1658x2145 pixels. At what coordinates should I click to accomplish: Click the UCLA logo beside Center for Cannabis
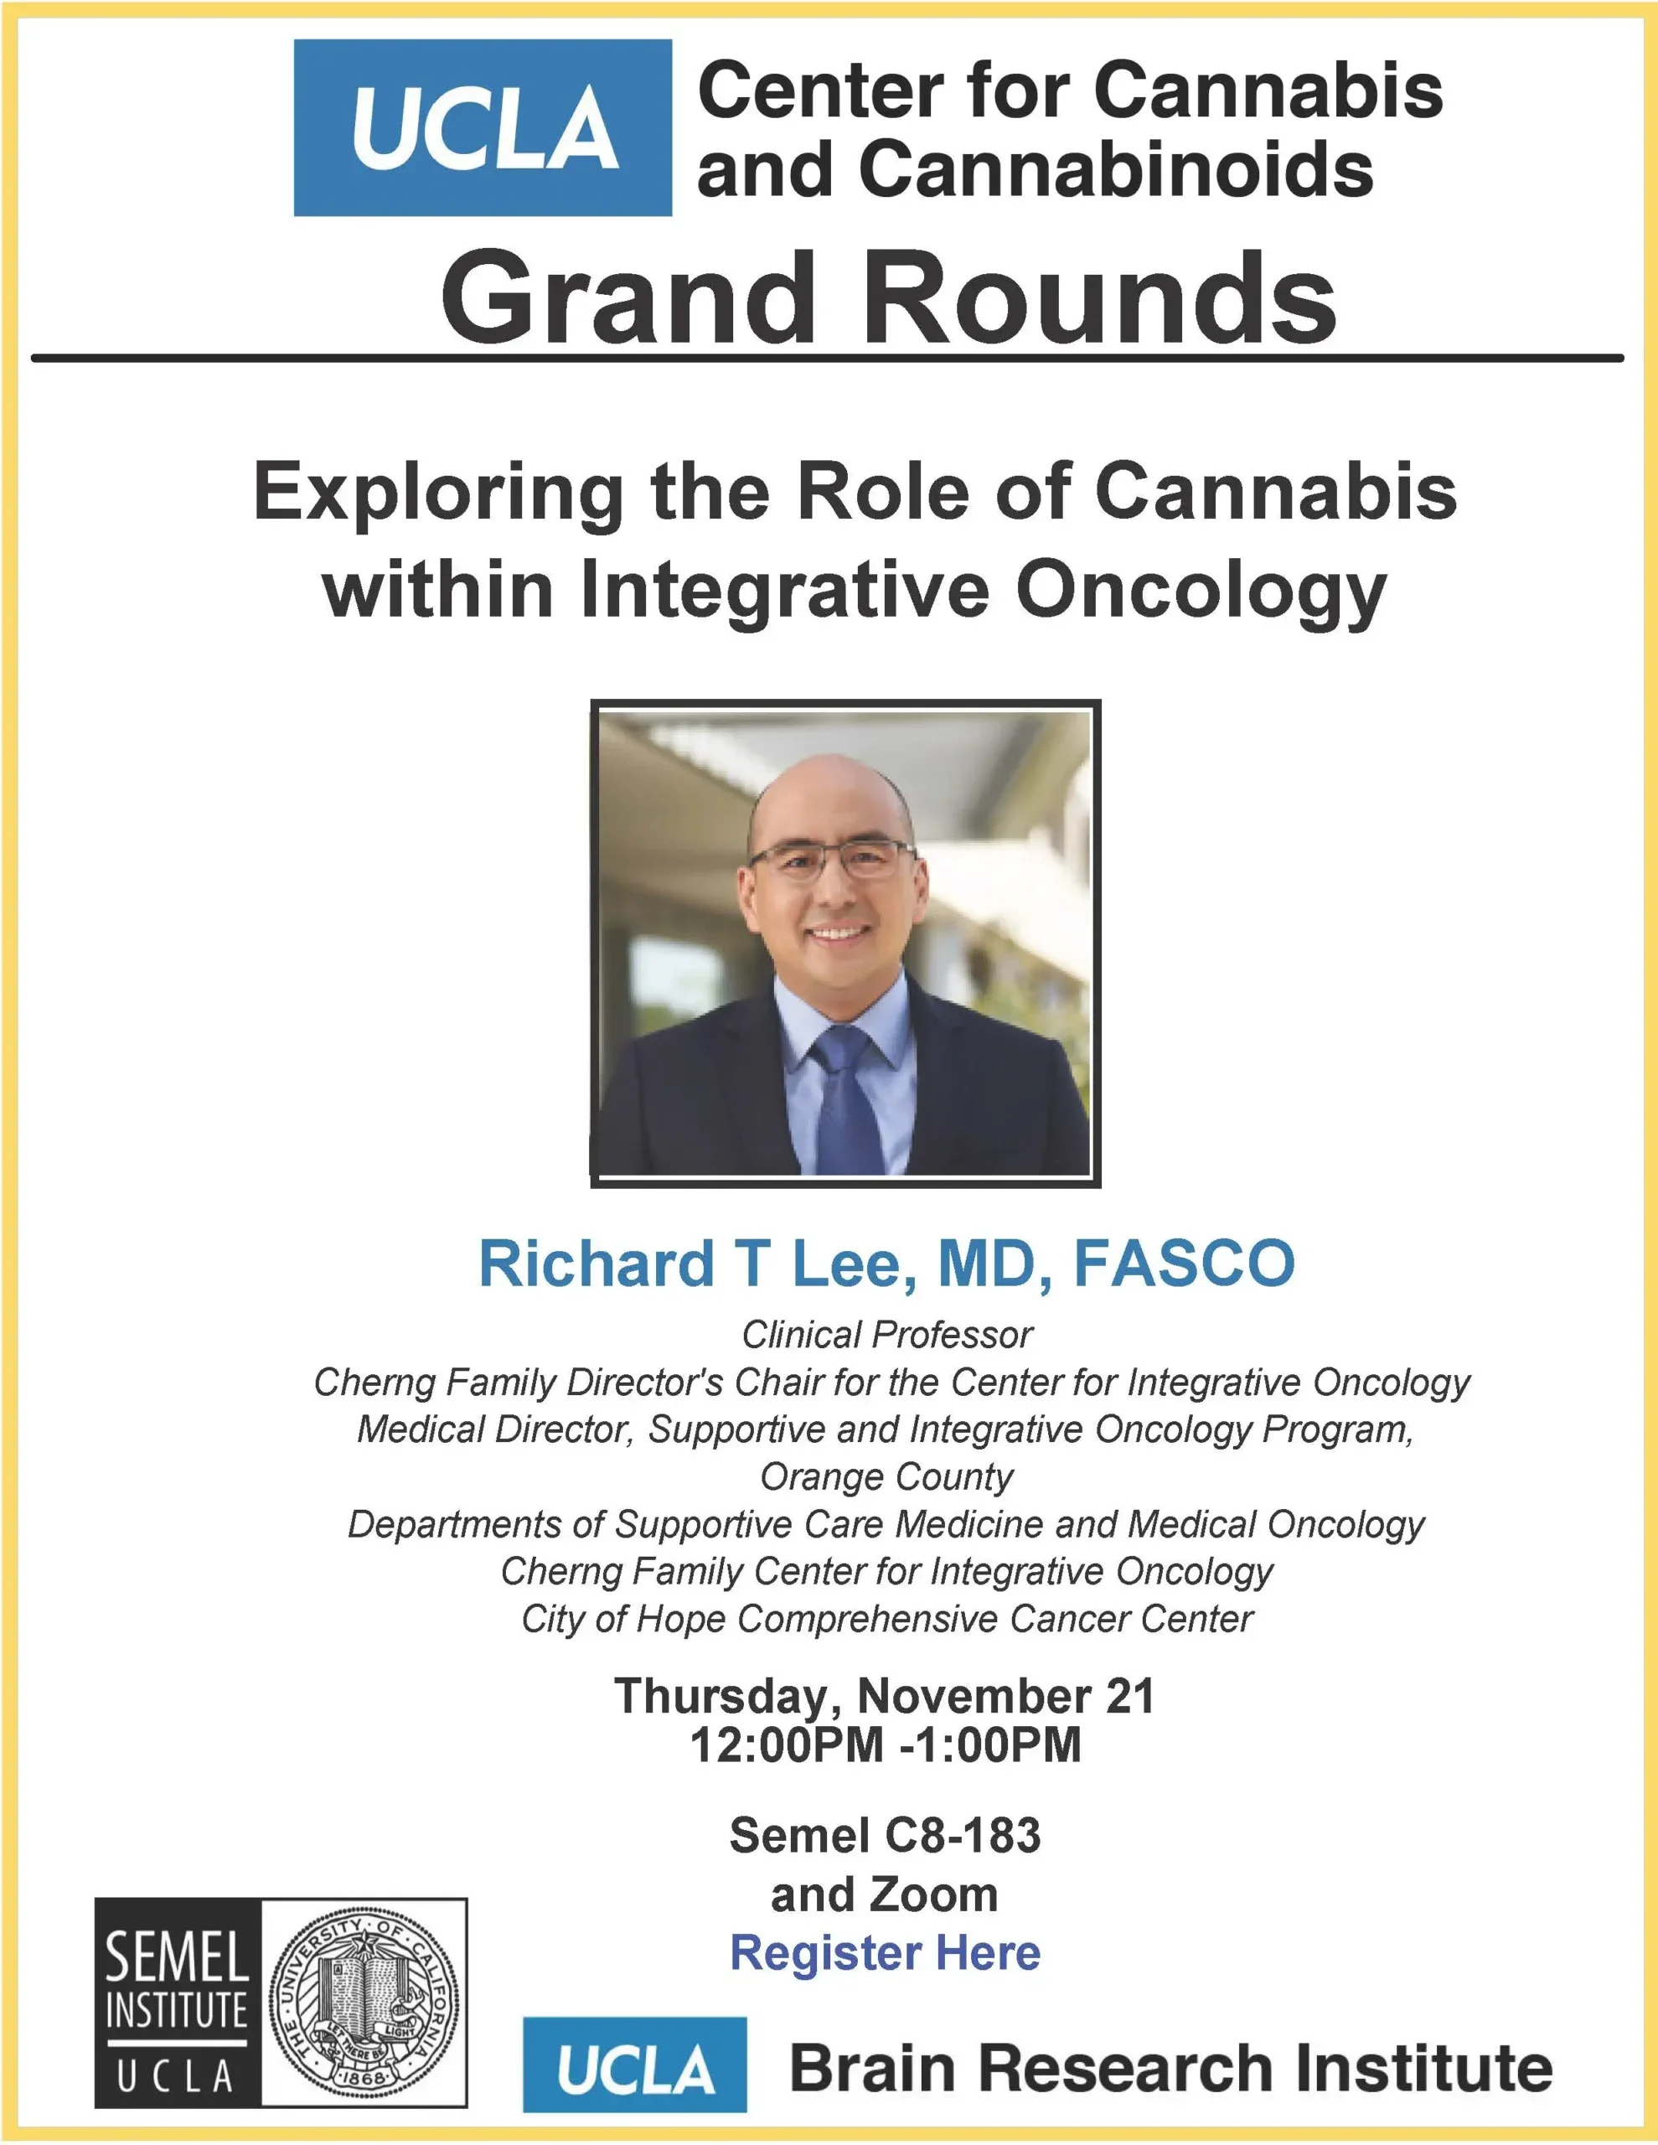(x=483, y=127)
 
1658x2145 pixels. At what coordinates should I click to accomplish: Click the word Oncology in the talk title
(x=1201, y=592)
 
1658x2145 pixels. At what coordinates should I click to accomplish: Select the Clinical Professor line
(x=887, y=1335)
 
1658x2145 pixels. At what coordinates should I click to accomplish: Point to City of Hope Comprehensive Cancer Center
(x=887, y=1619)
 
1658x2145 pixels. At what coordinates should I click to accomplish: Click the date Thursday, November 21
(x=884, y=1697)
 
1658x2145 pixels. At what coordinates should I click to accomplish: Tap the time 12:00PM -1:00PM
(x=885, y=1746)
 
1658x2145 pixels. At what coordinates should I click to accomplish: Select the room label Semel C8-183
(x=885, y=1836)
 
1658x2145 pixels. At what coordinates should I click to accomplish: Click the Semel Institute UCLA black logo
(x=178, y=2003)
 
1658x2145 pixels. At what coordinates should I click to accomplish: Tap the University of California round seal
(x=364, y=2003)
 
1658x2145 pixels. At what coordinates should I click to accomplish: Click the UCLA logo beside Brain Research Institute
(x=634, y=2065)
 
